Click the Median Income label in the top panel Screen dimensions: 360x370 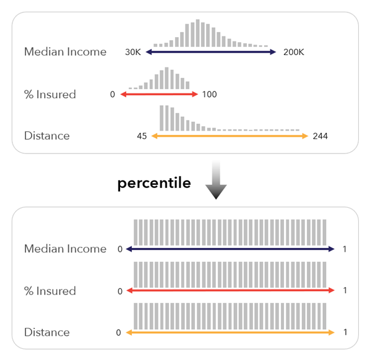[x=65, y=52]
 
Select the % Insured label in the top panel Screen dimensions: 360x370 [x=49, y=94]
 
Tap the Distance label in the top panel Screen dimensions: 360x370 [x=46, y=135]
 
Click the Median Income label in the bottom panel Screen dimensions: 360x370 [x=65, y=249]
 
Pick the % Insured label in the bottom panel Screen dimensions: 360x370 [x=49, y=291]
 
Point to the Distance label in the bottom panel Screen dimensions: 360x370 [x=46, y=332]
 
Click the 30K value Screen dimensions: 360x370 [x=133, y=53]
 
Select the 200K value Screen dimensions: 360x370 [x=293, y=53]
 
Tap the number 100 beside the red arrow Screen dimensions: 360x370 [x=209, y=95]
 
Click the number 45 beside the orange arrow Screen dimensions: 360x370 [x=141, y=136]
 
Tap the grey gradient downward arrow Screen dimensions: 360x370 [x=216, y=181]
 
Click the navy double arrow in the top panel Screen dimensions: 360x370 [x=211, y=53]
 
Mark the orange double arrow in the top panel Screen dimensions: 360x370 [x=230, y=136]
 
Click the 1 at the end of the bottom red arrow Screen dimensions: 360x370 [x=345, y=291]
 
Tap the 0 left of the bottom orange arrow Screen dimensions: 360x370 [x=118, y=333]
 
